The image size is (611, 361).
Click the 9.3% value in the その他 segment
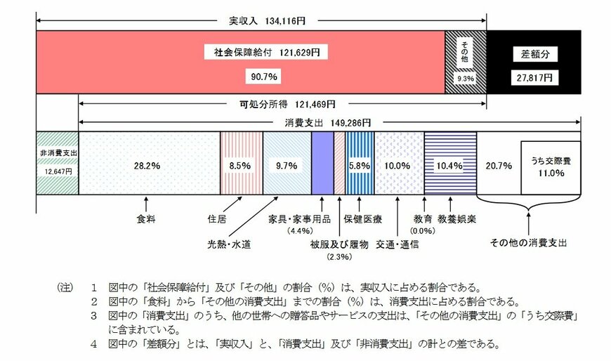coord(465,79)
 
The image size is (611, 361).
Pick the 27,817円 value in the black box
coord(534,77)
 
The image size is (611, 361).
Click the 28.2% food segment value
coord(147,166)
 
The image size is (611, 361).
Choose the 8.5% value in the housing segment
coord(240,166)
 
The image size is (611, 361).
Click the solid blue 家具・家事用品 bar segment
coord(322,163)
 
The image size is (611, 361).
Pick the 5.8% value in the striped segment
coord(359,166)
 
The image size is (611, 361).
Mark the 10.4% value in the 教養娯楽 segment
coord(449,166)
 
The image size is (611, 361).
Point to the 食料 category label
coord(145,219)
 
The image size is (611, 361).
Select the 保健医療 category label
coord(362,219)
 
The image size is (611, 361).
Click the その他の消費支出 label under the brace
coord(529,243)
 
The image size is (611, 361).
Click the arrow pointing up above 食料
coord(145,204)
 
